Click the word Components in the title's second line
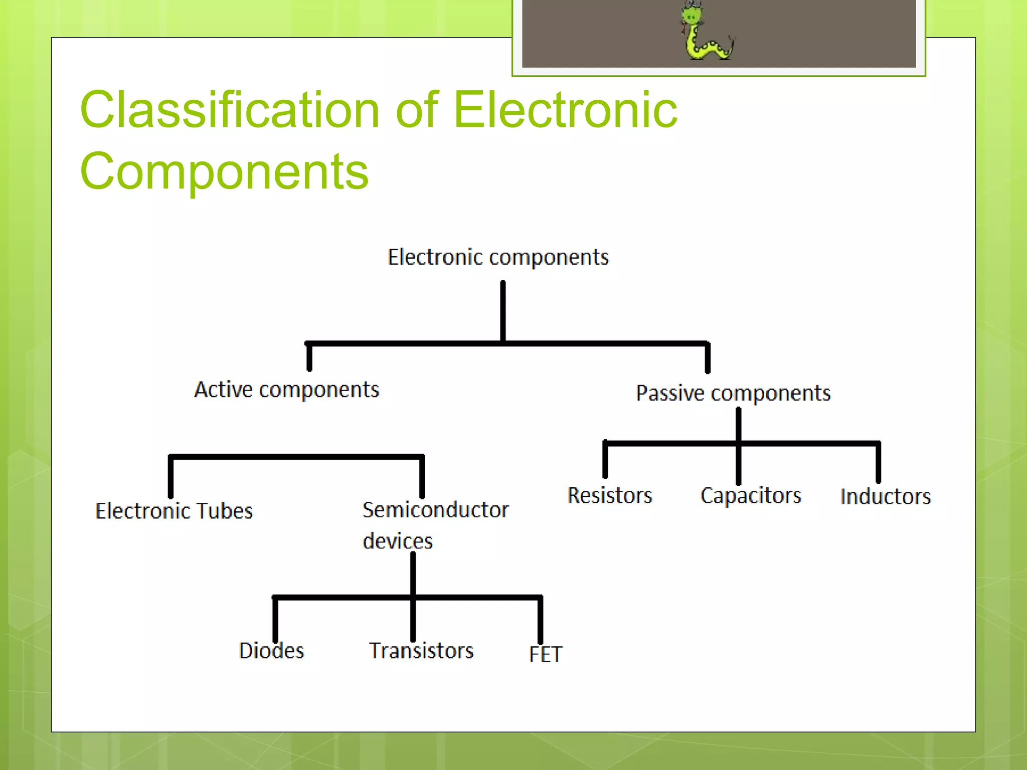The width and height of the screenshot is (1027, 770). (224, 171)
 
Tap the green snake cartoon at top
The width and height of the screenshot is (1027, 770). (706, 33)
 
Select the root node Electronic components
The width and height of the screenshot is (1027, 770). (498, 257)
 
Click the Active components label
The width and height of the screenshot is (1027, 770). (286, 390)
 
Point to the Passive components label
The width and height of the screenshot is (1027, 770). (733, 393)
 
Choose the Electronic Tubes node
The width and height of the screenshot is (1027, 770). (174, 511)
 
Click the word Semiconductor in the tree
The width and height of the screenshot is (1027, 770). (435, 510)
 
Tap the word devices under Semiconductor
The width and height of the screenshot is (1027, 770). (397, 541)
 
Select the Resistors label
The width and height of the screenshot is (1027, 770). (609, 495)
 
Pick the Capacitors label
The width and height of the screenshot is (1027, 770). (751, 495)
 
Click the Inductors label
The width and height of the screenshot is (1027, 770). (886, 497)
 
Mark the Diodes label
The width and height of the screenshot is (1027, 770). (271, 651)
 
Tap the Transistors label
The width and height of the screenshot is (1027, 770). (421, 651)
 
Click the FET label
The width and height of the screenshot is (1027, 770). (546, 654)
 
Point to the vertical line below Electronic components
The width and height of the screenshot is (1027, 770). (502, 311)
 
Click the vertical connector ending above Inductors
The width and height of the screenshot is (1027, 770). (878, 462)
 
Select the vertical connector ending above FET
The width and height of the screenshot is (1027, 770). (540, 620)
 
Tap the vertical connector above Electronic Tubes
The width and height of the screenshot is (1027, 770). (170, 476)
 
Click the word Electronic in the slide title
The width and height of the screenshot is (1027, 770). (565, 110)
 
